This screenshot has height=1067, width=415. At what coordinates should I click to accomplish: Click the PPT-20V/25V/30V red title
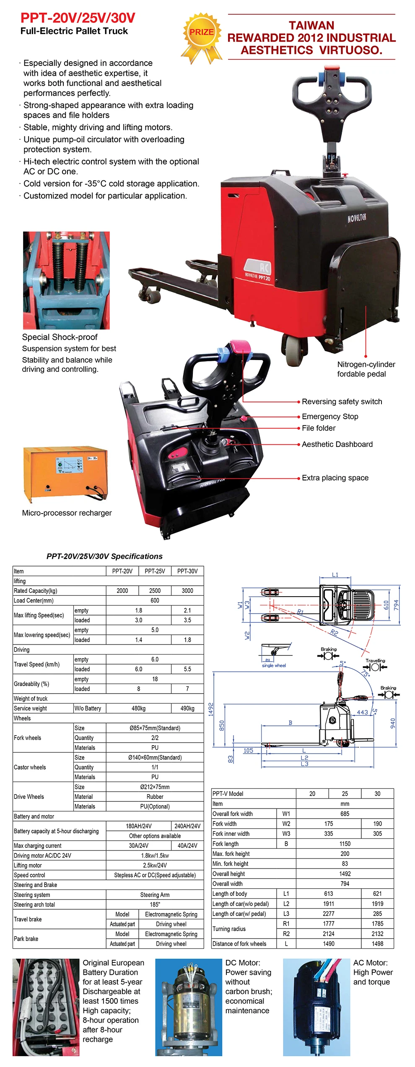tap(78, 18)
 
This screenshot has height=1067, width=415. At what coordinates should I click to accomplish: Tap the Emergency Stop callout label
tap(330, 416)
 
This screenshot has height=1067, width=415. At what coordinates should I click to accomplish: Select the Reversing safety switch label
tap(342, 402)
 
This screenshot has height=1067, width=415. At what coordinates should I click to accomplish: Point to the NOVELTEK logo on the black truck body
tap(356, 218)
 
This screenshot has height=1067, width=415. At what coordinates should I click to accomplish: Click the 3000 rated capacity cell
tap(187, 590)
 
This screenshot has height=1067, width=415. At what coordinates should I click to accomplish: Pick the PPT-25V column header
tap(155, 571)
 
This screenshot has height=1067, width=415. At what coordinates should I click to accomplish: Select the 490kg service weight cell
tap(187, 708)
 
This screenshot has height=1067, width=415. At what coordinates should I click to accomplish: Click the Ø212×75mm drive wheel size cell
tap(155, 787)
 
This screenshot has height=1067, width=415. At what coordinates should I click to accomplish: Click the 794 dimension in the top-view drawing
tap(396, 605)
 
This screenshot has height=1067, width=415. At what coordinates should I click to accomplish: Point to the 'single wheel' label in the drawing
tap(274, 665)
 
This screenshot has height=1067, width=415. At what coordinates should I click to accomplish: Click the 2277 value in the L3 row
tap(328, 913)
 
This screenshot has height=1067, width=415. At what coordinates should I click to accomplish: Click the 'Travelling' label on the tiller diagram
tap(375, 660)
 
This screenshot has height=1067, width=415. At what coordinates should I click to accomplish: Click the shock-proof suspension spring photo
tap(66, 280)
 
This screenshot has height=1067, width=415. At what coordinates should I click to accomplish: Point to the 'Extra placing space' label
tap(335, 478)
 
